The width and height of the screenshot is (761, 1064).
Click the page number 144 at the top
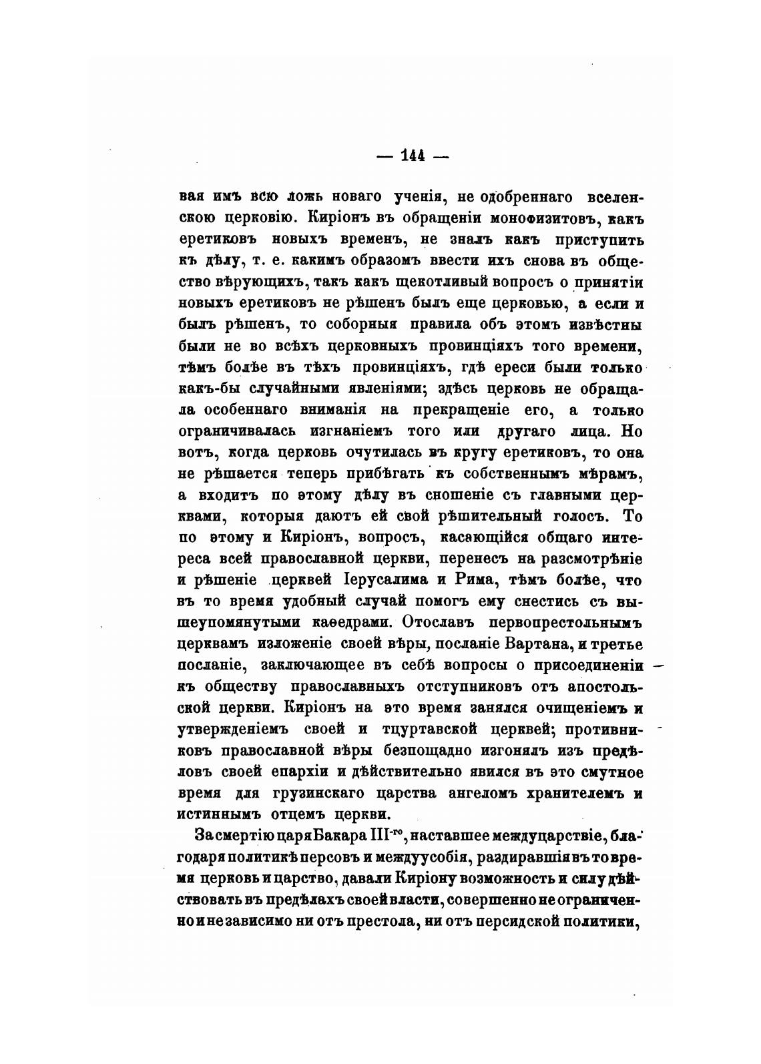(413, 156)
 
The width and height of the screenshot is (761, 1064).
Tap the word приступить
(602, 239)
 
